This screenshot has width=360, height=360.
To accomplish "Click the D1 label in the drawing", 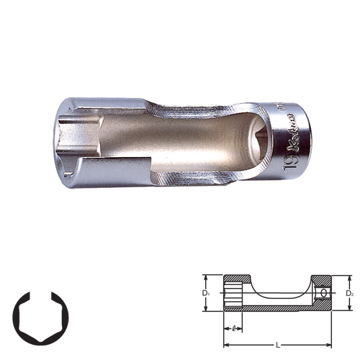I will pyautogui.click(x=206, y=294).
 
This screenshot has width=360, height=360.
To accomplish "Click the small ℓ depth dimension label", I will pyautogui.click(x=235, y=328).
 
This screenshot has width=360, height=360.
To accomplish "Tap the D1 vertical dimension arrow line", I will pyautogui.click(x=211, y=294).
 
